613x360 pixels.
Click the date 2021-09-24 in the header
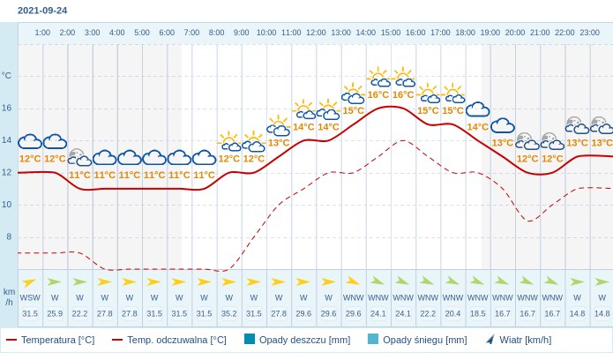pyautogui.click(x=42, y=11)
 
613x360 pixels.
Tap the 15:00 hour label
pyautogui.click(x=391, y=33)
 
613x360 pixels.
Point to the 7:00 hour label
pyautogui.click(x=191, y=33)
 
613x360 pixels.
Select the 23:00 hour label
pyautogui.click(x=590, y=33)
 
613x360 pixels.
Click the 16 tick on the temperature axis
pyautogui.click(x=7, y=109)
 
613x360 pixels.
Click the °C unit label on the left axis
pyautogui.click(x=7, y=76)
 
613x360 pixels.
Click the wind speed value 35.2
pyautogui.click(x=229, y=313)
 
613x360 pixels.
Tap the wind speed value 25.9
pyautogui.click(x=55, y=313)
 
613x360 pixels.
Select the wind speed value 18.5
pyautogui.click(x=477, y=313)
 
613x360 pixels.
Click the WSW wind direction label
pyautogui.click(x=30, y=297)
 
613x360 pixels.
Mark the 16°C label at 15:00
pyautogui.click(x=378, y=95)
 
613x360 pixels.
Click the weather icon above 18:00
pyautogui.click(x=477, y=109)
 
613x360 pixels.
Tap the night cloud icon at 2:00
pyautogui.click(x=79, y=157)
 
